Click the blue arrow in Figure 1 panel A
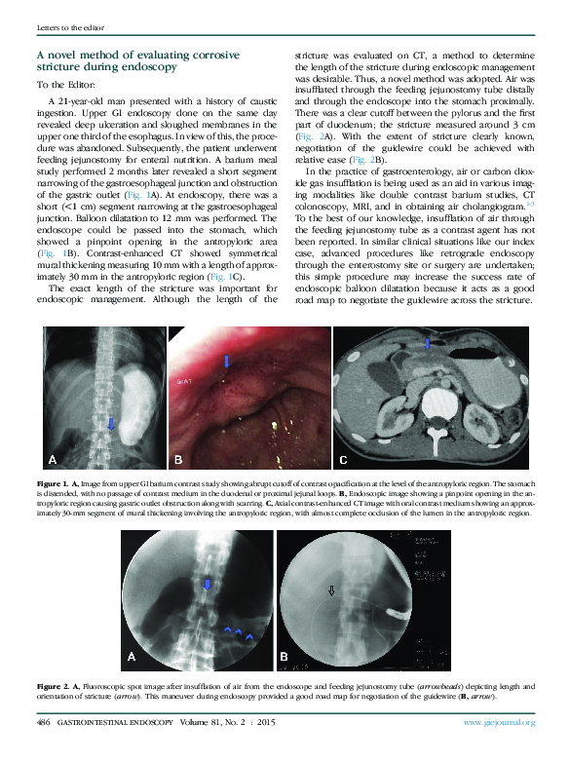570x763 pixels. pyautogui.click(x=110, y=424)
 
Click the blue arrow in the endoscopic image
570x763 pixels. pyautogui.click(x=227, y=362)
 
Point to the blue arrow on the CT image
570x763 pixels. pyautogui.click(x=426, y=343)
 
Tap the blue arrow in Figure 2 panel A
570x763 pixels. pyautogui.click(x=206, y=584)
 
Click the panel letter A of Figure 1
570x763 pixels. pyautogui.click(x=53, y=458)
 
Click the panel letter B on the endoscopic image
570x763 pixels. pyautogui.click(x=178, y=458)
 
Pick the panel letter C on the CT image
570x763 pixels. pyautogui.click(x=343, y=458)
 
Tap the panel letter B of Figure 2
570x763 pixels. pyautogui.click(x=285, y=658)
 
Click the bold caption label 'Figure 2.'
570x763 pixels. pyautogui.click(x=52, y=687)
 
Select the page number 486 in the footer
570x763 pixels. pyautogui.click(x=44, y=722)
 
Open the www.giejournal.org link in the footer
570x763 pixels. pyautogui.click(x=499, y=722)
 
